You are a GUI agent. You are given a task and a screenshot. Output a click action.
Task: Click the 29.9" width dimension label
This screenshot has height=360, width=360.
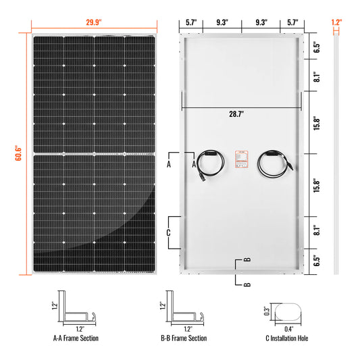[x=93, y=22]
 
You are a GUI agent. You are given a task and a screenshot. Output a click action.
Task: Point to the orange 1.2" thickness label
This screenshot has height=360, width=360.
[x=337, y=22]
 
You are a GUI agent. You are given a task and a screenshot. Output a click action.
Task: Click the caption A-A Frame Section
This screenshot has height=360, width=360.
[x=78, y=338]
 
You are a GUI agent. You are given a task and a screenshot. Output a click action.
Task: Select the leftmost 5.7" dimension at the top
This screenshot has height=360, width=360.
[x=192, y=22]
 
